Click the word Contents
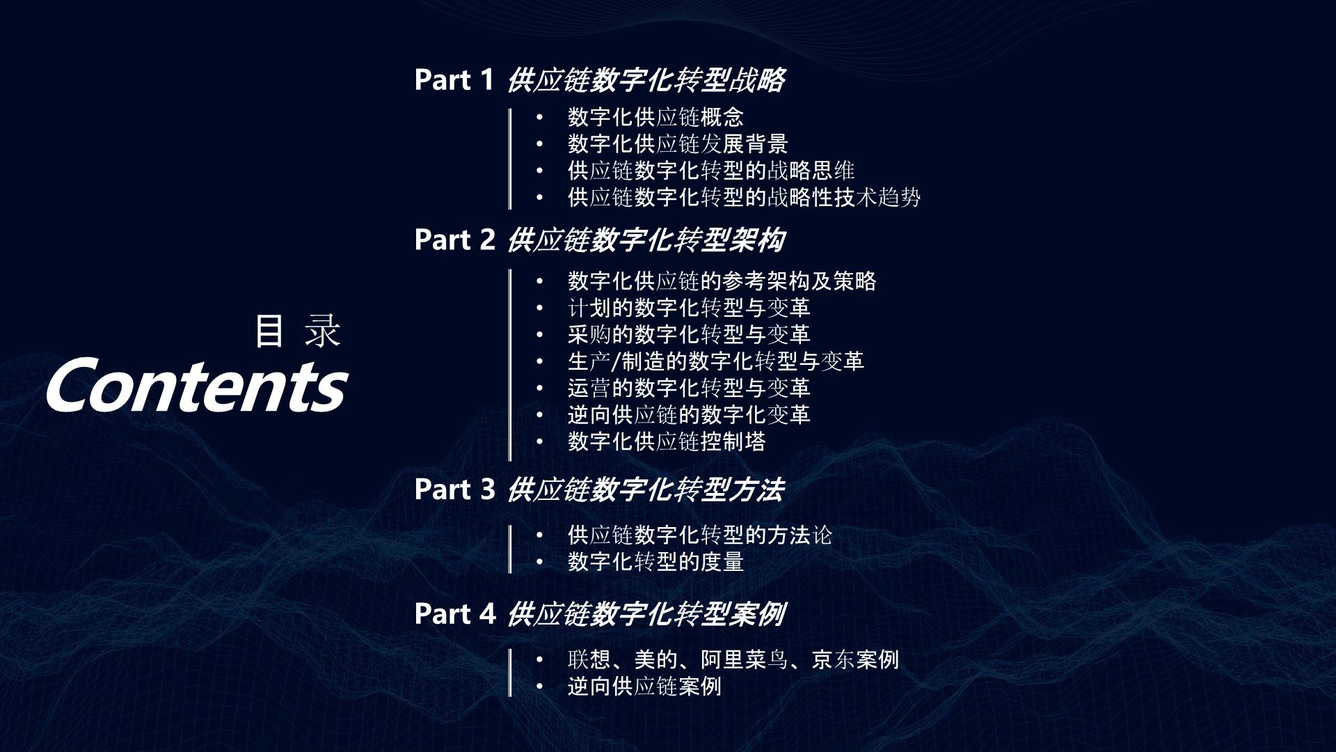pos(197,385)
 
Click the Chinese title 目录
pos(297,331)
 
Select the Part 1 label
pos(454,80)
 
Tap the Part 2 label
pos(454,240)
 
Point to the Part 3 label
pos(454,489)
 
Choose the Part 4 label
pos(455,614)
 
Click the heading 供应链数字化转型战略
pos(646,80)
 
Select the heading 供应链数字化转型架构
pos(646,240)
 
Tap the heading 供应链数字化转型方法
pos(646,489)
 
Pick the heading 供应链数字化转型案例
pos(646,614)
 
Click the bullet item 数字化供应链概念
pos(655,117)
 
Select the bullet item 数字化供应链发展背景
pos(678,144)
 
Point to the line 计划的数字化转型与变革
pos(689,308)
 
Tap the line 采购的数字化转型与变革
pos(689,335)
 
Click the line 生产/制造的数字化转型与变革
pos(716,361)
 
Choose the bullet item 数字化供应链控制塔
pos(667,441)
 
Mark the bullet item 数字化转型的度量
pos(655,562)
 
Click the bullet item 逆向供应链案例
pos(644,687)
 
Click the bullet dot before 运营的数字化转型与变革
pos(539,389)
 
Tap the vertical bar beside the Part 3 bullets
pos(510,549)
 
